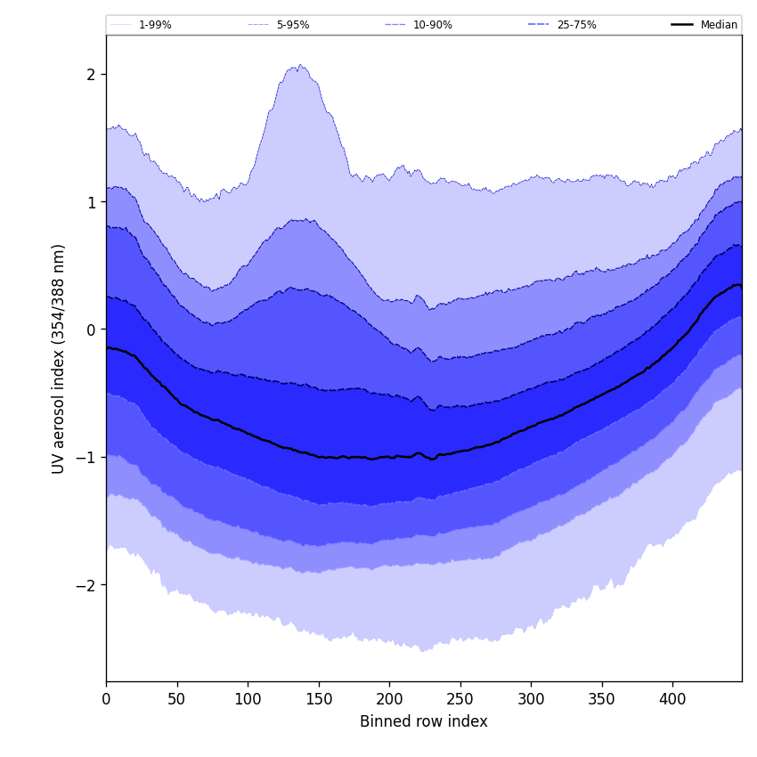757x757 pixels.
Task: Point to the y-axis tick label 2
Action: [91, 74]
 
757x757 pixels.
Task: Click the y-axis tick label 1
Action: [91, 202]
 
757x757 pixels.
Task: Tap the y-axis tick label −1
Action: [87, 458]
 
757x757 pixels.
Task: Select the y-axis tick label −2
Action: [87, 585]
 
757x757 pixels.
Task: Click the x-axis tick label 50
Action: [177, 699]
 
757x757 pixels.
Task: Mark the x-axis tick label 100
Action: [248, 699]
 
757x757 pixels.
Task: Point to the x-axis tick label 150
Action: [319, 699]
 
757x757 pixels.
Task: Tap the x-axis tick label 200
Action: [389, 699]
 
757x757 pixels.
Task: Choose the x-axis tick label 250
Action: [460, 699]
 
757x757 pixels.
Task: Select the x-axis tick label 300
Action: [531, 699]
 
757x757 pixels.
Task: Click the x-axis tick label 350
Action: [602, 699]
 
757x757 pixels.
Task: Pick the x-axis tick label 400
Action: [672, 699]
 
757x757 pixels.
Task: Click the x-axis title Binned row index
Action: [424, 722]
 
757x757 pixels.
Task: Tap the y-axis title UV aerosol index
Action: [59, 358]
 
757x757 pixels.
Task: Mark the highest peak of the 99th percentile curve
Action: [300, 64]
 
